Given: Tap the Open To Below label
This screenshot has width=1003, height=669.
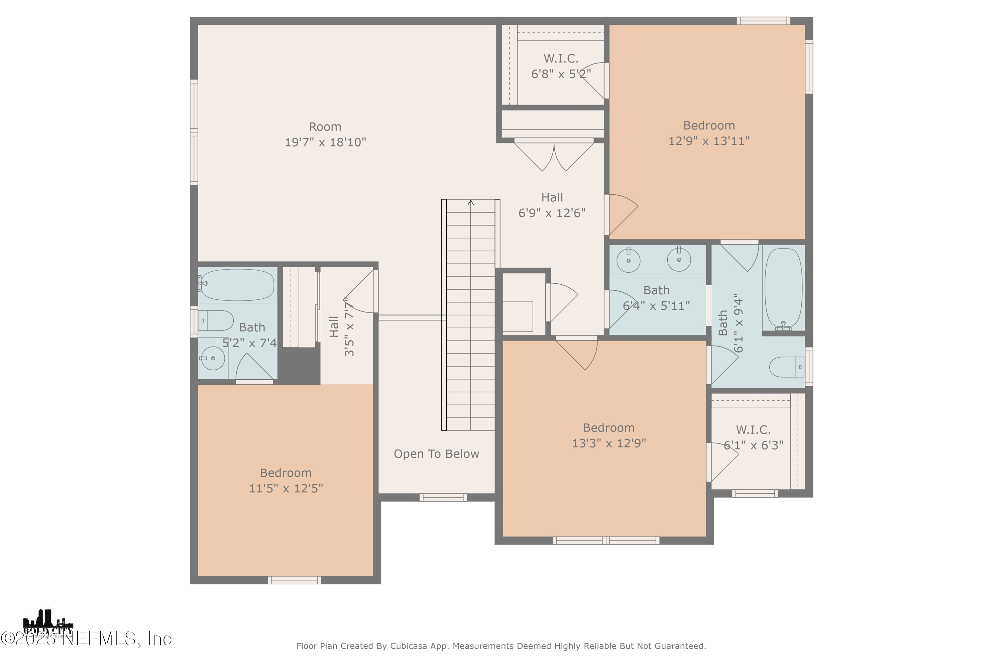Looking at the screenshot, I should click(x=436, y=454).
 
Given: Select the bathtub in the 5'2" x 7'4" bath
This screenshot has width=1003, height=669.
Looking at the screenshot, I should click(x=237, y=285).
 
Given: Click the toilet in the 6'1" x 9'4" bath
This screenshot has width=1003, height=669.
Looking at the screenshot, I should click(x=787, y=367).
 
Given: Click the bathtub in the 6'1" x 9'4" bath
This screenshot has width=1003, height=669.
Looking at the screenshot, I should click(x=783, y=288).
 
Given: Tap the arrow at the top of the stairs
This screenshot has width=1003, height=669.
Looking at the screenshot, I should click(x=471, y=203).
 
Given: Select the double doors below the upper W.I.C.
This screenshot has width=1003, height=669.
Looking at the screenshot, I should click(x=554, y=156).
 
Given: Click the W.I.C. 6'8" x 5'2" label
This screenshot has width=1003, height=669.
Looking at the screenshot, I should click(x=561, y=66).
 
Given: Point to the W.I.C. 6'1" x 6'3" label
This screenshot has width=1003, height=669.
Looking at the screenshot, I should click(x=753, y=437).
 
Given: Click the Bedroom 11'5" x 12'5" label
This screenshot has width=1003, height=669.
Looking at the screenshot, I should click(x=286, y=480).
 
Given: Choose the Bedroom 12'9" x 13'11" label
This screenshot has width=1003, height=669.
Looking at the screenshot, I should click(x=709, y=133).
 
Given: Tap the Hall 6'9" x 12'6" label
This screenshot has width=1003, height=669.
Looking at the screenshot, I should click(x=552, y=205).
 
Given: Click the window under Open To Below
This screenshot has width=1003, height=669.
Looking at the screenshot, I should click(x=443, y=497).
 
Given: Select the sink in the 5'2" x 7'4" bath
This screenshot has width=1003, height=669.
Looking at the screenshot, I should click(x=213, y=358).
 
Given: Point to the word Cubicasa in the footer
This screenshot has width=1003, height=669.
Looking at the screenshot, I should click(x=409, y=646).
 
